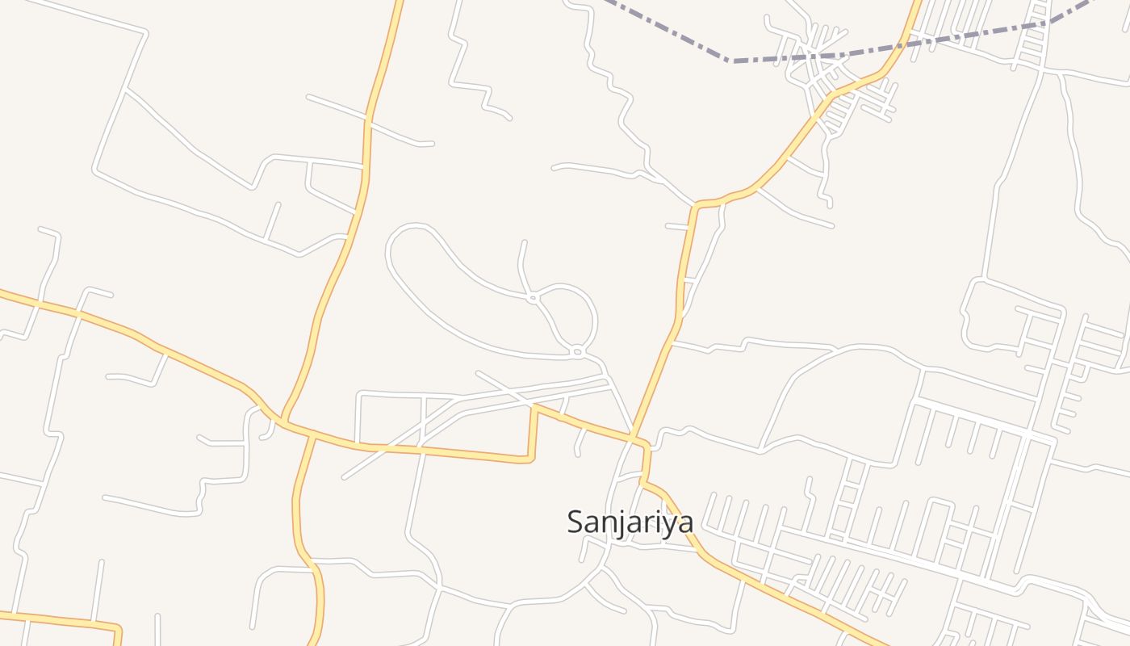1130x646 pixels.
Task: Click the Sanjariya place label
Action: pos(630,522)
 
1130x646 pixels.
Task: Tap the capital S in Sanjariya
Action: pos(575,522)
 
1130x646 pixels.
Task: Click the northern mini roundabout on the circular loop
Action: pos(533,298)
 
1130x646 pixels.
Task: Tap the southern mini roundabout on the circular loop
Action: pos(577,351)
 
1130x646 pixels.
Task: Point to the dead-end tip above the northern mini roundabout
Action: pos(525,241)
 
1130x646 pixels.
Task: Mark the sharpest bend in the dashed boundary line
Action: pos(729,60)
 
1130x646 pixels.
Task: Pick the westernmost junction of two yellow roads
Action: pos(284,420)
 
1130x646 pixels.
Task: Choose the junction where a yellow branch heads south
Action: pos(312,436)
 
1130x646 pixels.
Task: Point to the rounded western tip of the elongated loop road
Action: pos(390,246)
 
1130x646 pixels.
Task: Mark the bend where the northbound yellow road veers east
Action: pos(696,205)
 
